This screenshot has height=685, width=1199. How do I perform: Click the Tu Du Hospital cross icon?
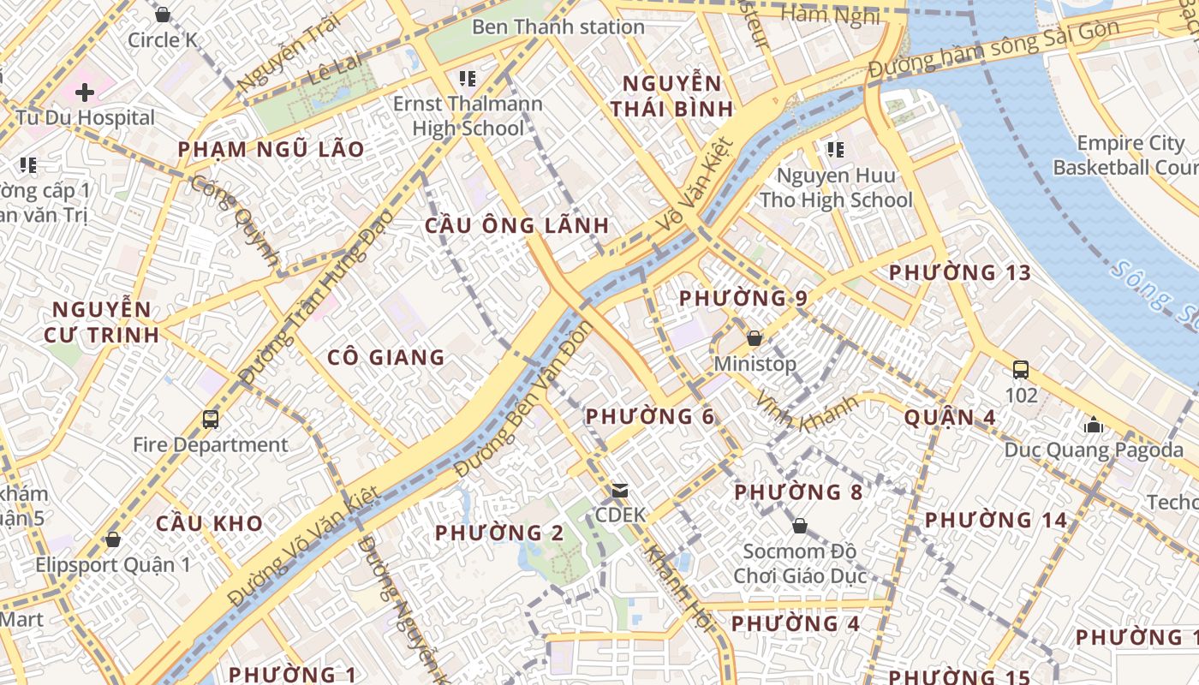pos(84,92)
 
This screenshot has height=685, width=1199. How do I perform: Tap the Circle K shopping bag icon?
pos(163,15)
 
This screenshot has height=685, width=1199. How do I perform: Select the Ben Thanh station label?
pos(558,27)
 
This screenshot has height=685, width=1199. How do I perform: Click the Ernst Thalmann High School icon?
pos(468,80)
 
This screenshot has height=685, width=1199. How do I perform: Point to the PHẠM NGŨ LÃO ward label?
pos(271,150)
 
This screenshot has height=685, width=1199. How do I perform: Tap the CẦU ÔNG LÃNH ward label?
pos(517,226)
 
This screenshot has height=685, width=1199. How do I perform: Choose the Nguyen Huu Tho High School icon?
pos(836,151)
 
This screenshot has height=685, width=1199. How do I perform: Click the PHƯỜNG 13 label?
pos(959,273)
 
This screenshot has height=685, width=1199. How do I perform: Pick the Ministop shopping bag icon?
pos(755,338)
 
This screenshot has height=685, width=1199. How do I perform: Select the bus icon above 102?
pos(1021,370)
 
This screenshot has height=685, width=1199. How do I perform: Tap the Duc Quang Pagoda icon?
pos(1093,425)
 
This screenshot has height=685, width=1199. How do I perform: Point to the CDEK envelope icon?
pos(619,491)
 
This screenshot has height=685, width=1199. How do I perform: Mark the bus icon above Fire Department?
pos(211,420)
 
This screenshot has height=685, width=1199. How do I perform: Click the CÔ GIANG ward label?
pos(386,357)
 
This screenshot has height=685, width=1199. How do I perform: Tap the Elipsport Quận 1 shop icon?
pos(112,539)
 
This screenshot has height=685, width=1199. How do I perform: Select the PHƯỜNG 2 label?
pos(499,533)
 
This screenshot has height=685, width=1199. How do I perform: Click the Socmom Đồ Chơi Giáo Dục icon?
pos(800,525)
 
